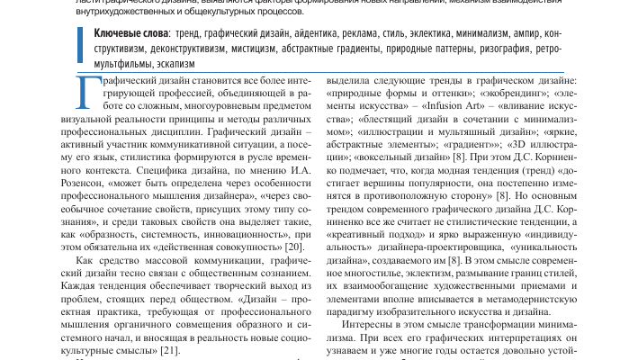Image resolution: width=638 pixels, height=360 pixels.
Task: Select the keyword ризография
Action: click(506, 49)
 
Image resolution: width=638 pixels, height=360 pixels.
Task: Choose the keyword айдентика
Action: click(304, 33)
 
